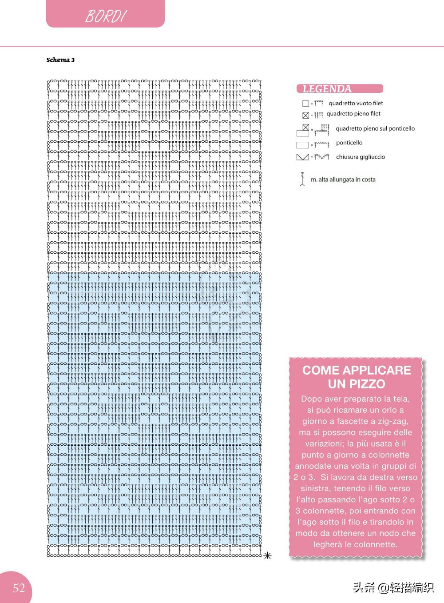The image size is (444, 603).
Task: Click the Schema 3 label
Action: [60, 60]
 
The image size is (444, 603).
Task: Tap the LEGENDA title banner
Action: [339, 89]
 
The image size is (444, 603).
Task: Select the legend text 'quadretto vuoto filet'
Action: [356, 103]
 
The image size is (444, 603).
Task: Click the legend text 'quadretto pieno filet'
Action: [353, 114]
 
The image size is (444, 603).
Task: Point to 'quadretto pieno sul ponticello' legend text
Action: [375, 128]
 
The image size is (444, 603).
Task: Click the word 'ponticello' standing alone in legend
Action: [349, 143]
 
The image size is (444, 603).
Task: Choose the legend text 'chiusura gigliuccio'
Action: [361, 157]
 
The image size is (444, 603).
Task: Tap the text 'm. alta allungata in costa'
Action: [343, 180]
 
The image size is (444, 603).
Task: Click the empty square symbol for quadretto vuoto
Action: [305, 104]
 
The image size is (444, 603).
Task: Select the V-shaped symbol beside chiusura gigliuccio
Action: [302, 157]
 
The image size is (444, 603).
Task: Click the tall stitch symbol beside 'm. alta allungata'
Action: [302, 179]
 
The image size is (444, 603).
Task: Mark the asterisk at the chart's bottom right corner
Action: [267, 555]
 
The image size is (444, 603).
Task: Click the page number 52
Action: [19, 588]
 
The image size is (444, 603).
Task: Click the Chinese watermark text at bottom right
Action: [393, 587]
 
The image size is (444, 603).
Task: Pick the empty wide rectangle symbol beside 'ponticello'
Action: [302, 145]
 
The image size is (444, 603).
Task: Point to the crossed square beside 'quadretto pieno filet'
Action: [305, 116]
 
